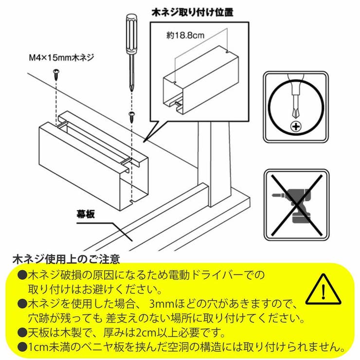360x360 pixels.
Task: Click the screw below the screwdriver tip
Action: (x=131, y=116)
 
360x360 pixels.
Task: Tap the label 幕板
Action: (x=87, y=213)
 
